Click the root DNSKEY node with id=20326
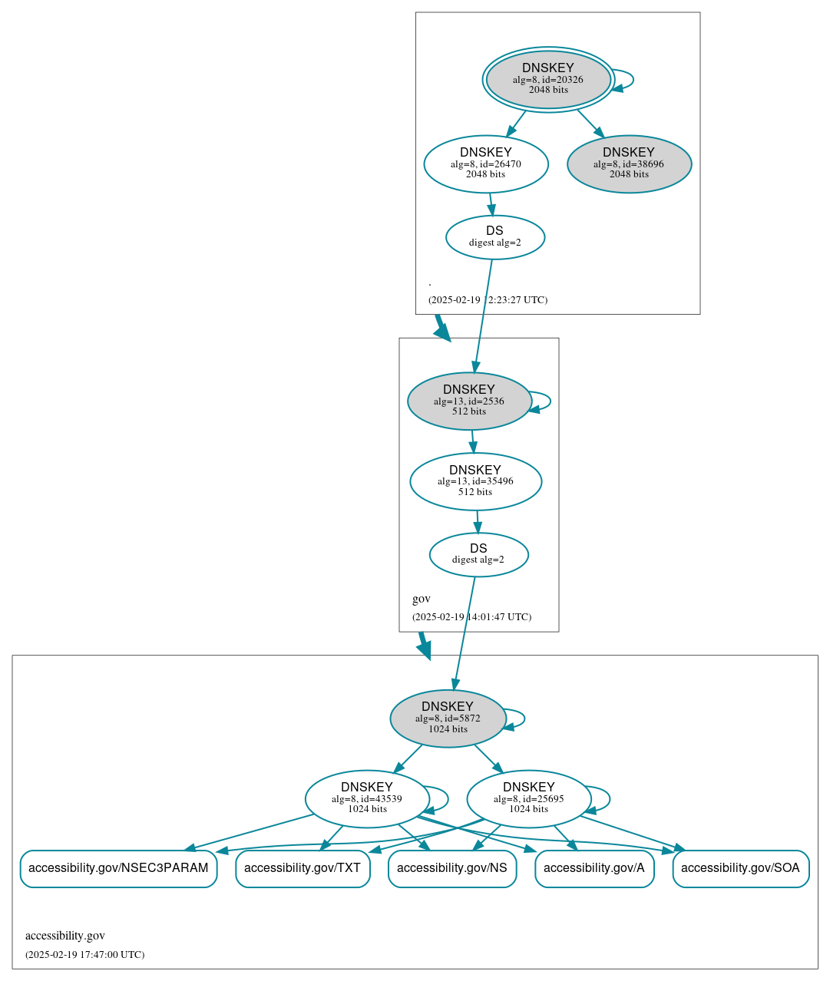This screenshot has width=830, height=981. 548,79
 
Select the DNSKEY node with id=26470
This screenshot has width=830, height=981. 486,163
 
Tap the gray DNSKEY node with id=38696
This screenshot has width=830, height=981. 629,163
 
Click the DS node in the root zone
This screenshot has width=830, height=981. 495,237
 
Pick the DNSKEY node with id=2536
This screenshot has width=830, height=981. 469,401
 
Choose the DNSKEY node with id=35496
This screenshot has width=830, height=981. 475,481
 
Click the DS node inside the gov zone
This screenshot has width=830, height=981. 478,554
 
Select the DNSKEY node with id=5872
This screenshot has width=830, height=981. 448,718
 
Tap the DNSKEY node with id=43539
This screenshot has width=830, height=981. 367,799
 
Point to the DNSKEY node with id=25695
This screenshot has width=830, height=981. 528,799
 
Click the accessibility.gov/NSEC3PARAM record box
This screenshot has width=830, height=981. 118,868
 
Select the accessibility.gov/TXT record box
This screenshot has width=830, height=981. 303,868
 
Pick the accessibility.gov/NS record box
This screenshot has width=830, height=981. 452,868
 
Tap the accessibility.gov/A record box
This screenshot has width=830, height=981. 594,868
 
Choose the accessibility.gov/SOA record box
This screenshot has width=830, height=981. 740,868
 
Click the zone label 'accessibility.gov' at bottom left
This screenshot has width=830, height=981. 65,936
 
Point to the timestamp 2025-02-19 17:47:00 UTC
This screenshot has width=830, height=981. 84,955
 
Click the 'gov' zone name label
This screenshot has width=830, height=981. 422,599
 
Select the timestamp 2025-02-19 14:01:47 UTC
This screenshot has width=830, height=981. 471,617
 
